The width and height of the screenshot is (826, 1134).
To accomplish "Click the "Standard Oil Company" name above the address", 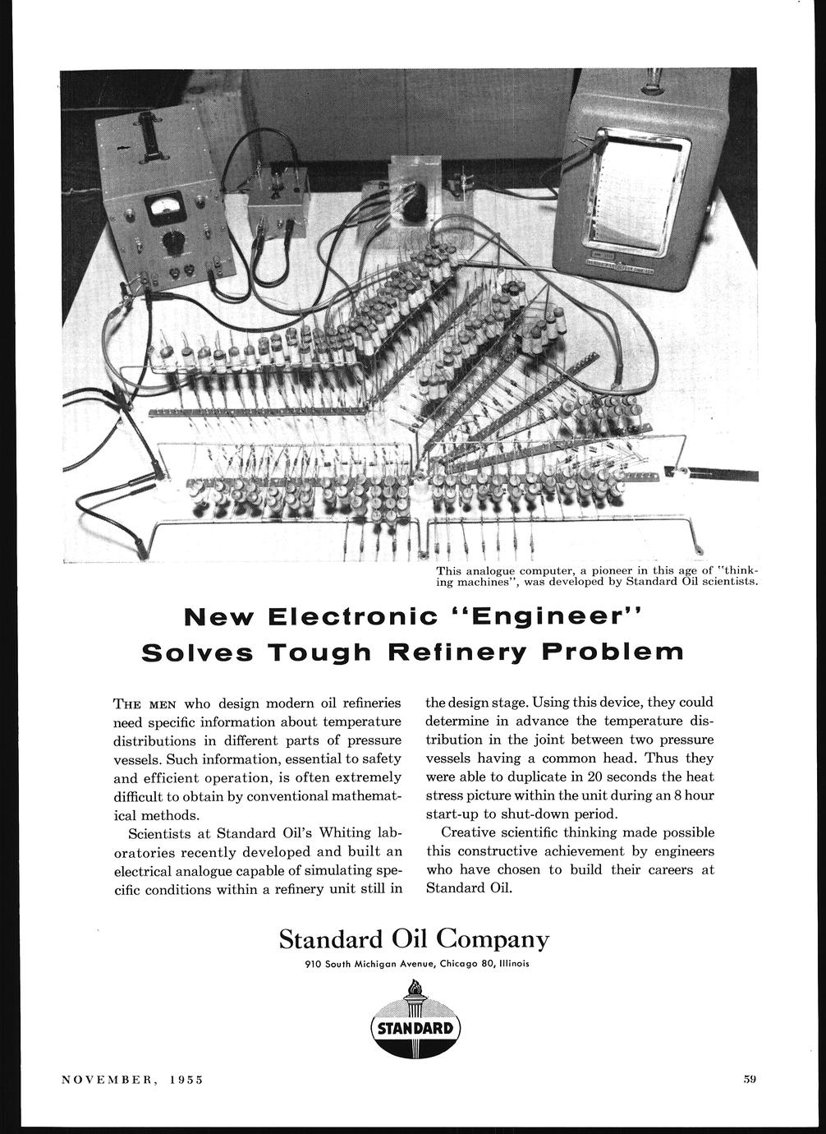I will (414, 938).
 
